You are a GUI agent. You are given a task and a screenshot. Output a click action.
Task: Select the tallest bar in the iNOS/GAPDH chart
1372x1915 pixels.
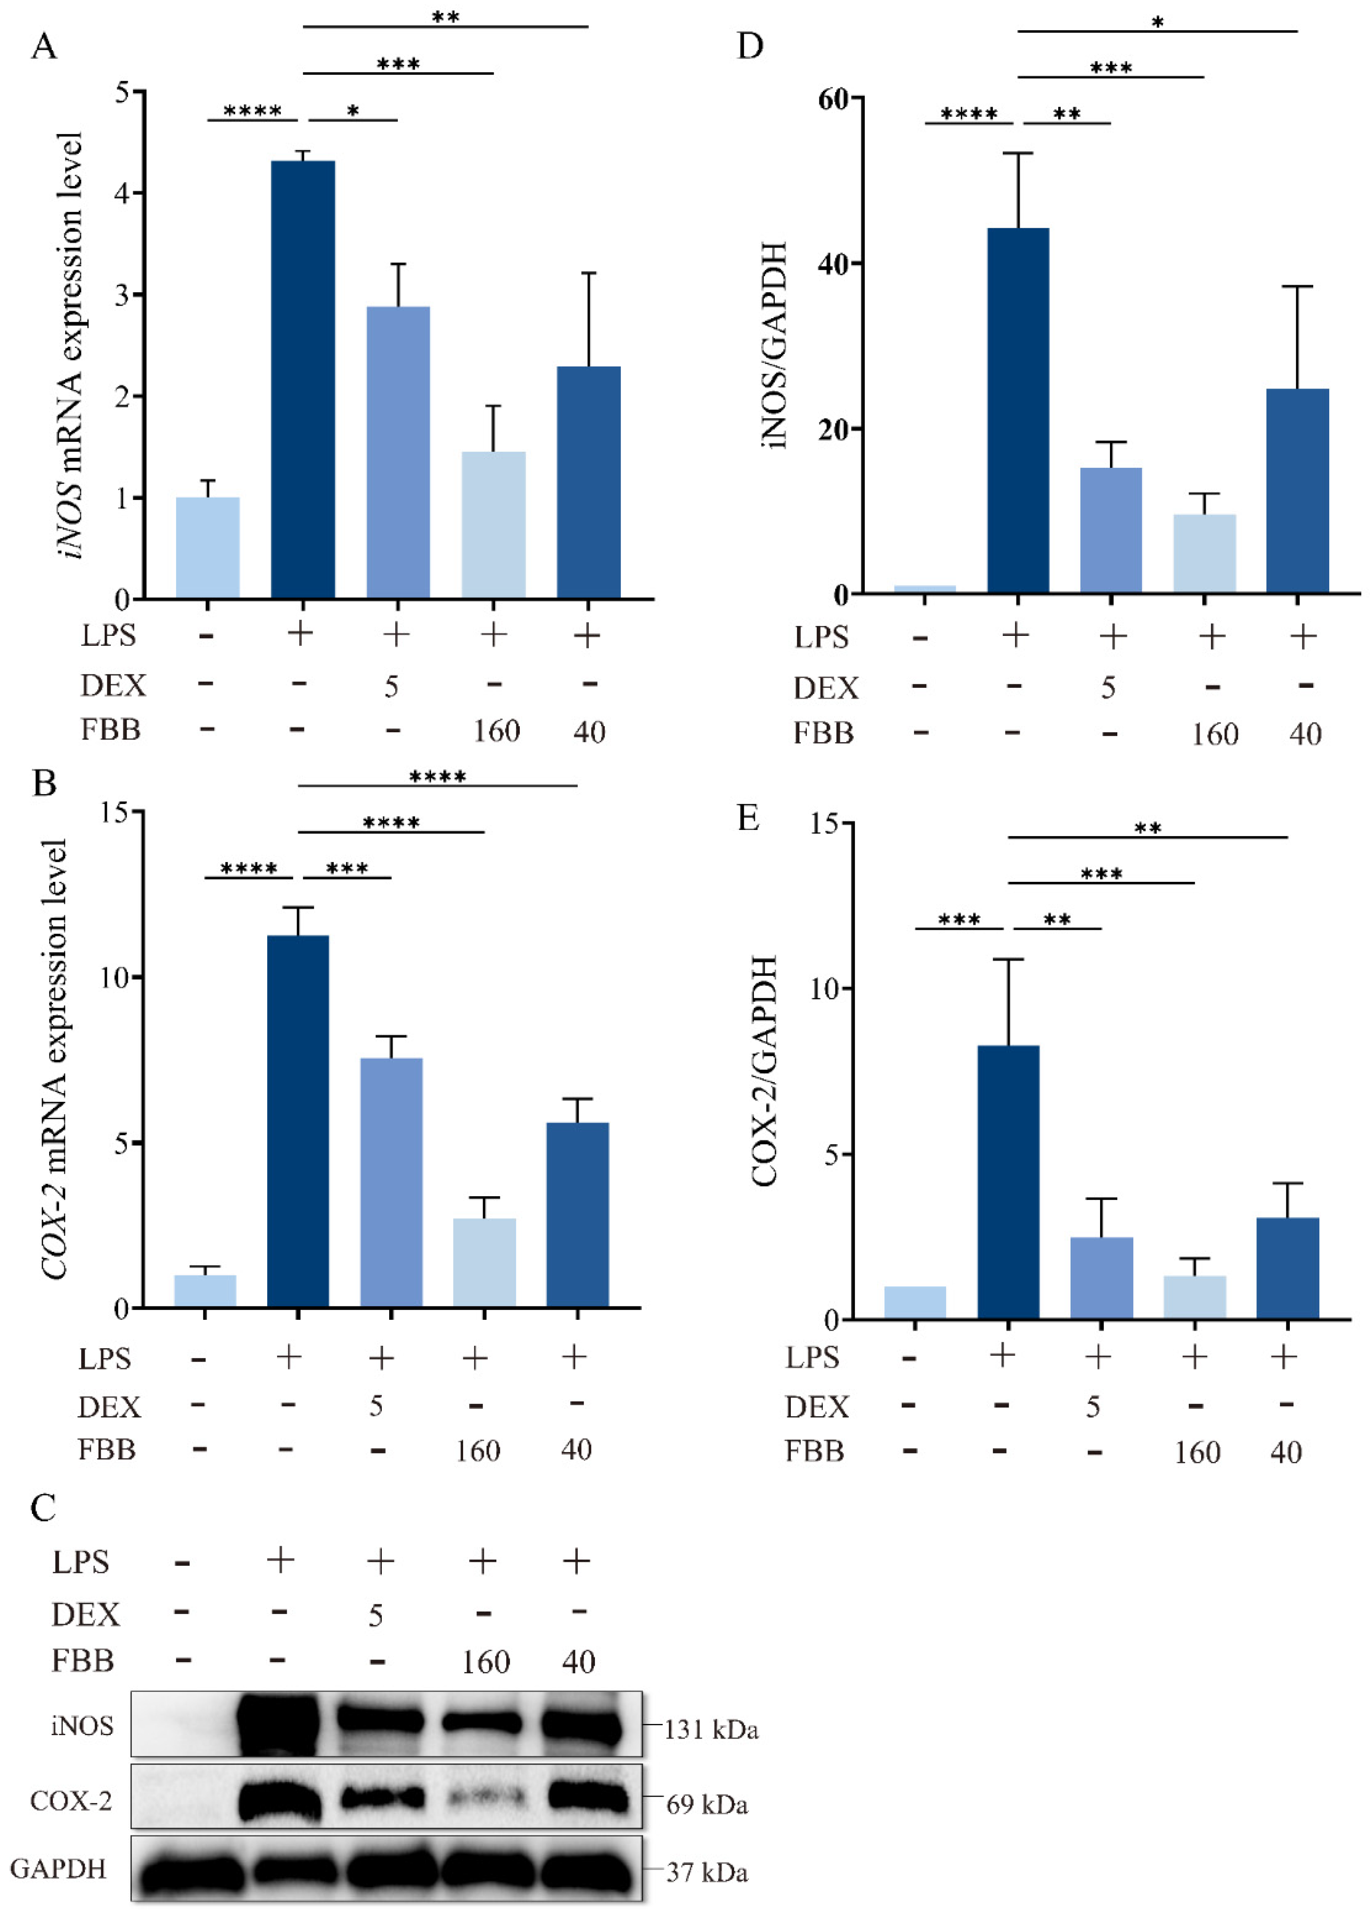[1018, 410]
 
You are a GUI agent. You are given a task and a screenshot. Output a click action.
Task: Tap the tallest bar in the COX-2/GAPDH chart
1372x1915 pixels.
[1008, 1182]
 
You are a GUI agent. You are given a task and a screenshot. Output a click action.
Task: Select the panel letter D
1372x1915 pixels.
[750, 45]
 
